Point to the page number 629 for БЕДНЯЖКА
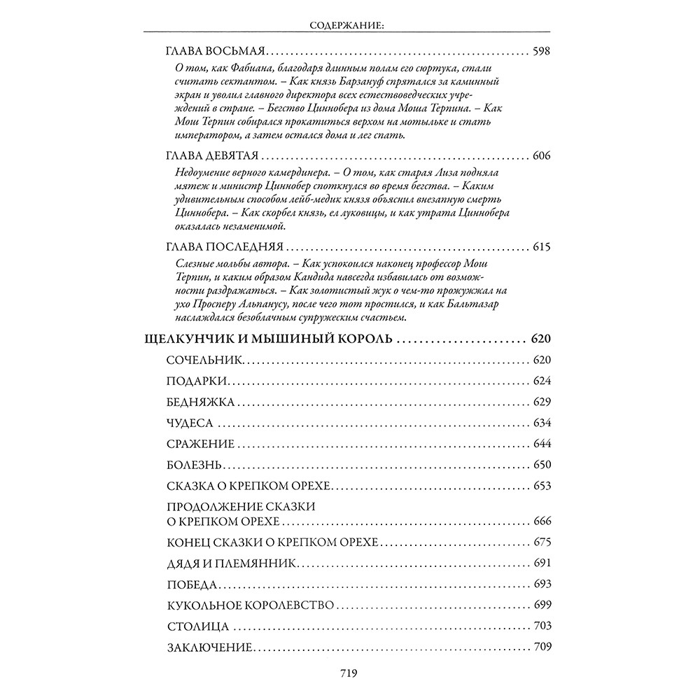542,402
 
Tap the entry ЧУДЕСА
190,423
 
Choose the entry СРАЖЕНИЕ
200,444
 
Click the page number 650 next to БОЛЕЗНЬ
542,465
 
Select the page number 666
542,521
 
